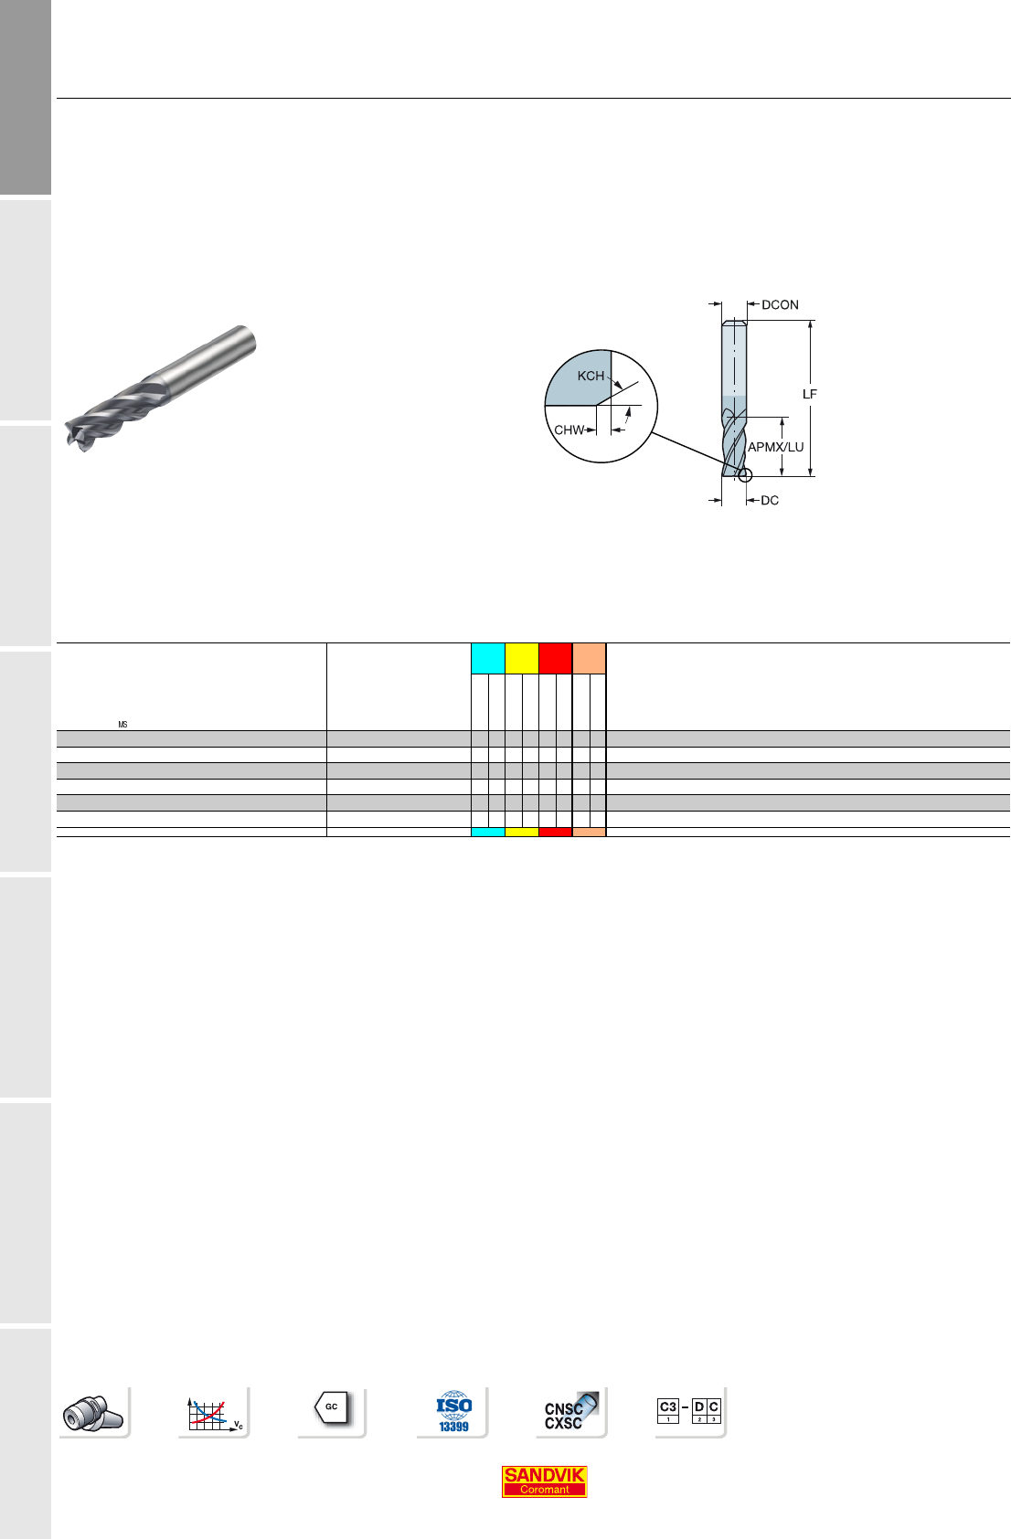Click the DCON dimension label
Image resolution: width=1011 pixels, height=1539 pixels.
click(x=780, y=304)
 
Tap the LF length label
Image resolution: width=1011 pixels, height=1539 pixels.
click(x=810, y=394)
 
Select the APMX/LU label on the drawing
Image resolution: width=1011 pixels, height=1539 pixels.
click(x=775, y=447)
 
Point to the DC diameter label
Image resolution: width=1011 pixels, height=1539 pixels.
click(x=770, y=500)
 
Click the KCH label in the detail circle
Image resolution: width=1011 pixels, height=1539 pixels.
click(x=591, y=376)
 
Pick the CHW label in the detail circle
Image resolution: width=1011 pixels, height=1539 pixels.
click(x=569, y=430)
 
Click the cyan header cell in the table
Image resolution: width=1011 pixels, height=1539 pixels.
click(x=488, y=658)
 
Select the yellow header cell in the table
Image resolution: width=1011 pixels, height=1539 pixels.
click(x=522, y=658)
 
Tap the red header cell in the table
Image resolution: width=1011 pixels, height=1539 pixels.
click(x=556, y=658)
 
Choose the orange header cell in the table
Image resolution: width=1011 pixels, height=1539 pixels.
click(x=589, y=658)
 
